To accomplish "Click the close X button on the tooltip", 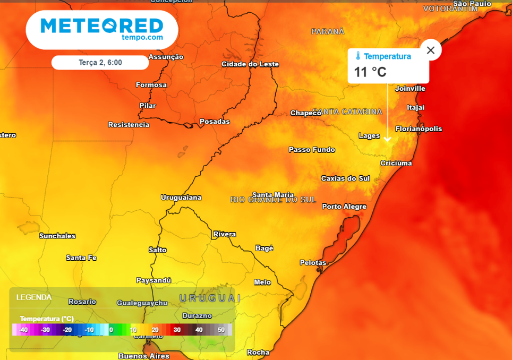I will [x=431, y=50].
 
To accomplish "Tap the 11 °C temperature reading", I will [x=370, y=72].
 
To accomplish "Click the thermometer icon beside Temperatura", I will [x=358, y=56].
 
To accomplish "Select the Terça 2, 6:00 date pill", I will [x=100, y=63].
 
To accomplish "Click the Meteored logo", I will [x=101, y=29].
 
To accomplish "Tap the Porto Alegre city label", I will [x=344, y=207].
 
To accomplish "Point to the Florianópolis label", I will [x=419, y=129].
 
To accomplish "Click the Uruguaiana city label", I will [x=181, y=198].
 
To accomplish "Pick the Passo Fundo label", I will [x=312, y=150].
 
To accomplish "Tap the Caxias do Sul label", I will [x=345, y=178].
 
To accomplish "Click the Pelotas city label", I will [x=313, y=263].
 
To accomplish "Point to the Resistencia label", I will [x=129, y=125].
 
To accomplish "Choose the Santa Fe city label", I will [x=81, y=258].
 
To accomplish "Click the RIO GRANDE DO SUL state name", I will [x=273, y=200].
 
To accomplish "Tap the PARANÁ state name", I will [x=328, y=32].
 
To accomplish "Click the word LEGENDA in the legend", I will [x=34, y=297].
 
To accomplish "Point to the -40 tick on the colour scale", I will [x=23, y=330].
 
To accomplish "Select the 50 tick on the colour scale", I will [x=221, y=330].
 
